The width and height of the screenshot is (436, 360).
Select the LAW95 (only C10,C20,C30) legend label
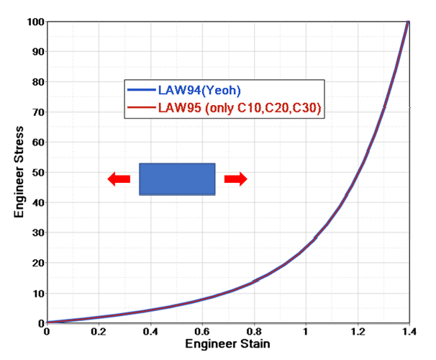pyautogui.click(x=239, y=108)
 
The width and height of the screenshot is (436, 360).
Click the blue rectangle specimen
pyautogui.click(x=177, y=179)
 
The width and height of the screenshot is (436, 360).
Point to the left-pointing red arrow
pyautogui.click(x=119, y=179)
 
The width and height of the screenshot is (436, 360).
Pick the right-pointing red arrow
pyautogui.click(x=235, y=179)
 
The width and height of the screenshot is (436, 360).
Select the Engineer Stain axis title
pyautogui.click(x=227, y=343)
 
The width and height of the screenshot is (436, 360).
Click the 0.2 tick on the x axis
pyautogui.click(x=99, y=332)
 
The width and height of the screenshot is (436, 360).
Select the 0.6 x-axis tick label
pyautogui.click(x=202, y=332)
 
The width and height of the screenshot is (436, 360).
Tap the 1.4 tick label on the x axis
pyautogui.click(x=409, y=332)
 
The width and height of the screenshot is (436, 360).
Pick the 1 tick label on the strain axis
pyautogui.click(x=306, y=332)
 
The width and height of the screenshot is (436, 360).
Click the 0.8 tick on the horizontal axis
pyautogui.click(x=254, y=332)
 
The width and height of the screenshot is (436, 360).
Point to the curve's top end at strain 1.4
pyautogui.click(x=409, y=22)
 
